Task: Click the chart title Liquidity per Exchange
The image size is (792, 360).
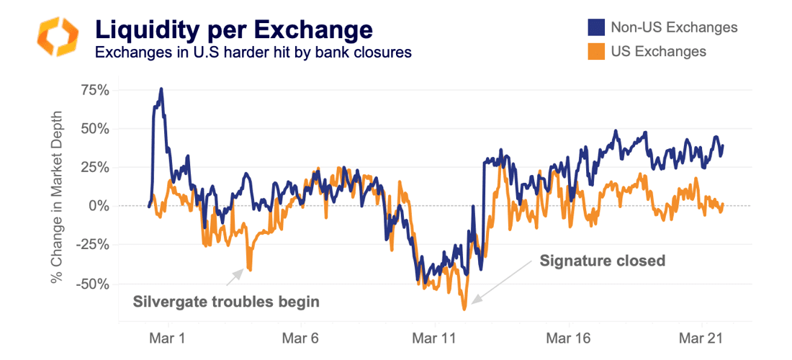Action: [234, 29]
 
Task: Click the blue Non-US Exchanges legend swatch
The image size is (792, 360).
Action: [595, 28]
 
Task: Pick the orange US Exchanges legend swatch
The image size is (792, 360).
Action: [595, 52]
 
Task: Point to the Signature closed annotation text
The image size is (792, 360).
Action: [603, 261]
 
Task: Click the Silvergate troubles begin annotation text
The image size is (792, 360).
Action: [226, 301]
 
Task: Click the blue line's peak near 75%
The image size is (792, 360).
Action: [161, 89]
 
